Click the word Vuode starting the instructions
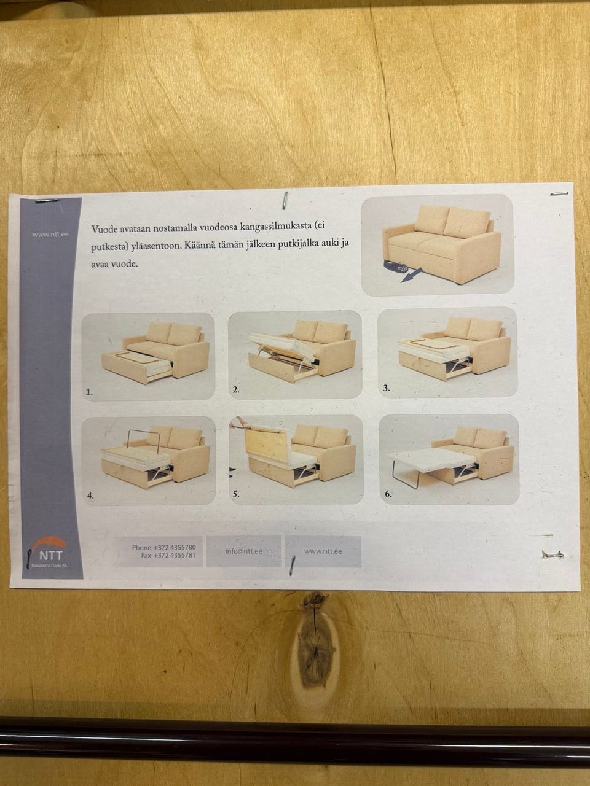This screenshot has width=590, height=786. coord(103,229)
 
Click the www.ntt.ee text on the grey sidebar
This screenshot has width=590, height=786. coord(50,235)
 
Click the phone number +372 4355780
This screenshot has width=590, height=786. coord(175,548)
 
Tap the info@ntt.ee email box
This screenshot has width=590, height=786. coord(243,551)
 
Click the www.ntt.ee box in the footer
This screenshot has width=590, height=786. coord(323,551)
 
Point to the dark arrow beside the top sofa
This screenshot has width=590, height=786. coord(411,277)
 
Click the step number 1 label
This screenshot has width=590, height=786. coord(90,392)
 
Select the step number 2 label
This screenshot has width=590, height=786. coord(236,390)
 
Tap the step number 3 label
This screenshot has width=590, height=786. coord(386,388)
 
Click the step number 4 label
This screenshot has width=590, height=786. coord(90,496)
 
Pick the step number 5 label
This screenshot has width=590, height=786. coord(236,494)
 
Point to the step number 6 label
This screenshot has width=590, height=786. coord(388,494)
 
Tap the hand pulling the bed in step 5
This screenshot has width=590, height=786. coord(235,424)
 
